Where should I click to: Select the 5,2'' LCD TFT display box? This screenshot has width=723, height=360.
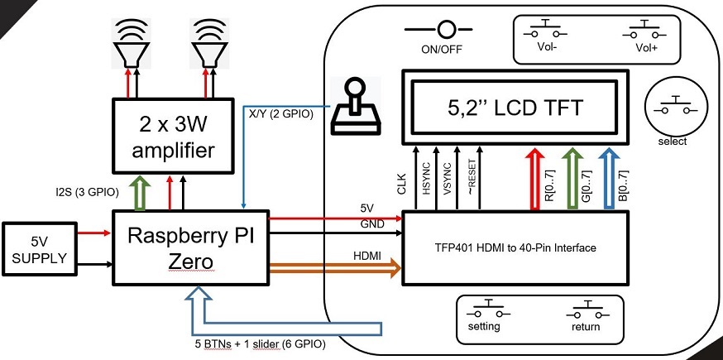pyautogui.click(x=515, y=107)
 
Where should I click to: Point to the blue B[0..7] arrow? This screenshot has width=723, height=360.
pyautogui.click(x=611, y=179)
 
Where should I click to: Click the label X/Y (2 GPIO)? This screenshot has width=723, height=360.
pyautogui.click(x=281, y=115)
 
